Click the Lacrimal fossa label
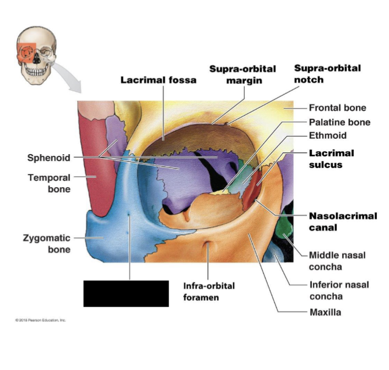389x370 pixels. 158,80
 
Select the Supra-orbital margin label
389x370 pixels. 242,74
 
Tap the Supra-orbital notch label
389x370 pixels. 327,74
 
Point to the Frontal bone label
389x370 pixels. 337,108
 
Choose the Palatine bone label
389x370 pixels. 339,122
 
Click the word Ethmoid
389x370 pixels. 327,135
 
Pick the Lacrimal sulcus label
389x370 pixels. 331,159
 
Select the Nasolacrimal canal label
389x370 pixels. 343,221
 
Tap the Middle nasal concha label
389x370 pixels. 337,261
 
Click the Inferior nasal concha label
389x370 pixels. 339,290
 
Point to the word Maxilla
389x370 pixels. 325,313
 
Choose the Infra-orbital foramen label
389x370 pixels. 209,291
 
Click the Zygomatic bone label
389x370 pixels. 46,243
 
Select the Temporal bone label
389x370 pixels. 49,183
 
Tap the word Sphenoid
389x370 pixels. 49,158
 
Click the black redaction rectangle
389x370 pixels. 126,293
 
